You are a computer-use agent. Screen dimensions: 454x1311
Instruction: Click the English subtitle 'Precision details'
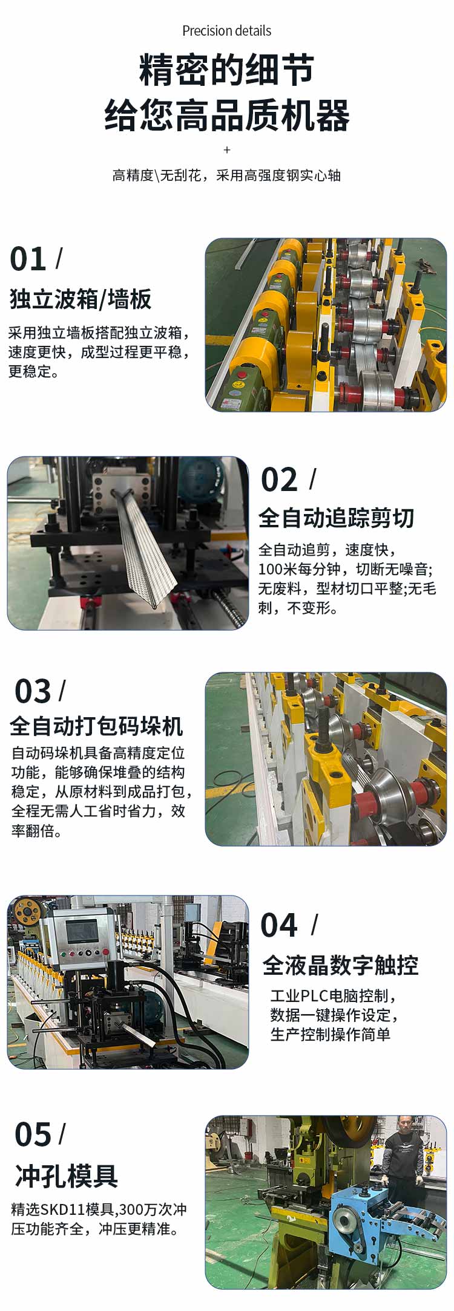pos(226,31)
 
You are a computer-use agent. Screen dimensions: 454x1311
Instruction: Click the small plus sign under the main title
pos(227,150)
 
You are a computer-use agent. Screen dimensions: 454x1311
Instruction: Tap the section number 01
pos(28,259)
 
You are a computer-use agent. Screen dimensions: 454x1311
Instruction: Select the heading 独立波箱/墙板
pos(80,299)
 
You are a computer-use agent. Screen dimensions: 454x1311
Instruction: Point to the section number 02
pos(279,480)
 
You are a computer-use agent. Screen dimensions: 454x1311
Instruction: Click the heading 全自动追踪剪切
pos(336,518)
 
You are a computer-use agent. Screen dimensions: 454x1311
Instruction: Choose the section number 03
pos(33,691)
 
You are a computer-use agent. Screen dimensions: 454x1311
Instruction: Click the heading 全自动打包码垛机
pos(96,726)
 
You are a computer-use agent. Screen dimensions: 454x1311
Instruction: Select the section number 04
pos(279,925)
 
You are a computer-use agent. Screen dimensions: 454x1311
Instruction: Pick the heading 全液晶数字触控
pos(340,966)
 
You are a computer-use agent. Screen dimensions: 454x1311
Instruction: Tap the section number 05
pos(33,1135)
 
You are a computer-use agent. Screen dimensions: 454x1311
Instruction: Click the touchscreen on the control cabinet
pos(81,932)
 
